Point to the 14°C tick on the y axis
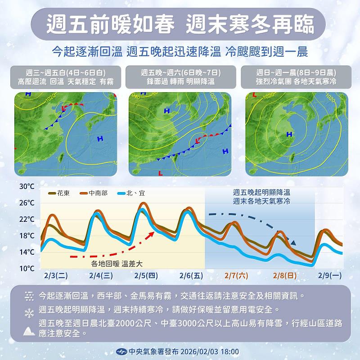(27, 252)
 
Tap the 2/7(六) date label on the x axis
(237, 275)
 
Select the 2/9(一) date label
(330, 275)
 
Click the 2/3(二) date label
(56, 275)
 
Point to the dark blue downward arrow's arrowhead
(293, 243)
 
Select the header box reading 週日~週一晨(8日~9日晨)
(296, 77)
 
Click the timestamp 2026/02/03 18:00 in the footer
(210, 351)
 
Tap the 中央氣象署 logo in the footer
(121, 351)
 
